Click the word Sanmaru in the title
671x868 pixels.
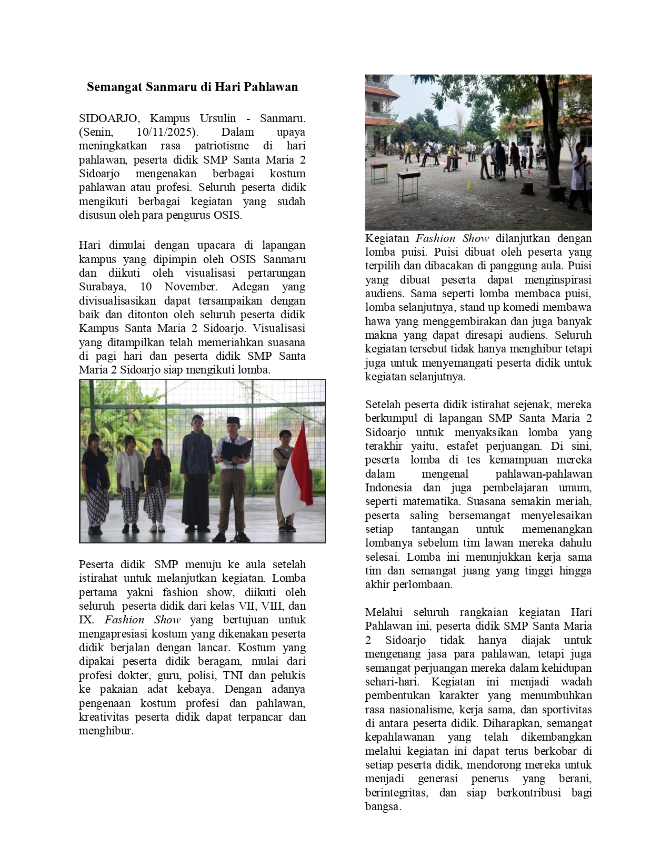coord(172,87)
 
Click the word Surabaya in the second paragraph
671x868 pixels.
coord(102,287)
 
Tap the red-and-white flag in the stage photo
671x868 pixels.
coord(297,473)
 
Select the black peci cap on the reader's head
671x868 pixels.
coord(233,420)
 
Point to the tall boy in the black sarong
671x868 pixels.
coord(196,473)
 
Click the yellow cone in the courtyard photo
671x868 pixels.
coord(469,185)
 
